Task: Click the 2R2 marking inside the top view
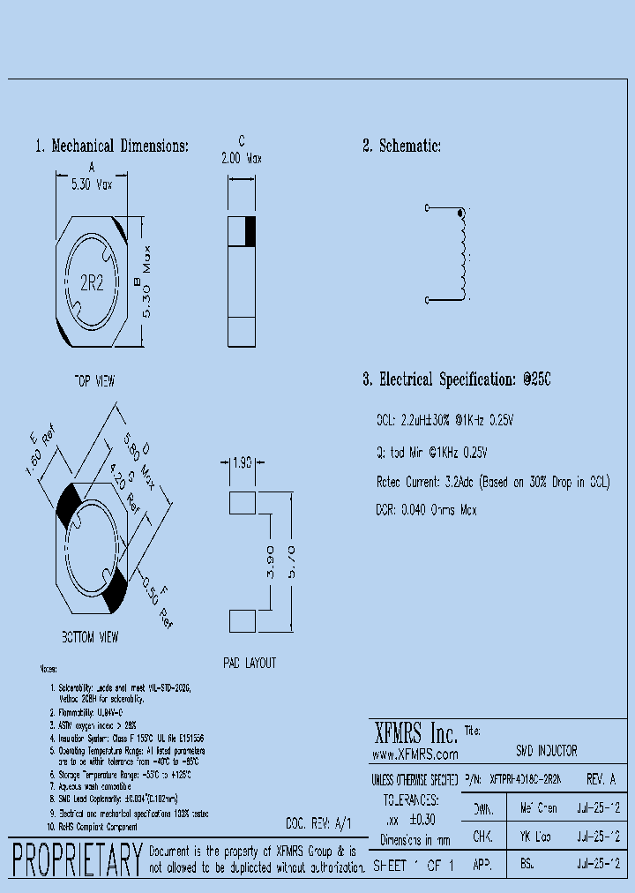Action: (92, 283)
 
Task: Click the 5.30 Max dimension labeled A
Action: (92, 185)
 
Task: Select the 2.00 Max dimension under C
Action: (241, 159)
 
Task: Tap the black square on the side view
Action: (249, 230)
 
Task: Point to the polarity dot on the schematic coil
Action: (459, 213)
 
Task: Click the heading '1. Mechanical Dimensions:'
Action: (112, 146)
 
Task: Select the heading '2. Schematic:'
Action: (401, 146)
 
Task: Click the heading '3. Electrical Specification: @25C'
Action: (456, 380)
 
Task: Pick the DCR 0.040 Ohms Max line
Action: (426, 510)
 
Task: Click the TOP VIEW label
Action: (93, 381)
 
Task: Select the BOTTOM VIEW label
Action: (90, 636)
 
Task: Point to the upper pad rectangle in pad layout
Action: (242, 503)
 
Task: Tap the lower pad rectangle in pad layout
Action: (242, 620)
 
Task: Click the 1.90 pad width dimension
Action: (242, 462)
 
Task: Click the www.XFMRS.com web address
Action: (415, 754)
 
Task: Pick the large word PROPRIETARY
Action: (77, 859)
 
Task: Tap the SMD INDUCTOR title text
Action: (546, 751)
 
